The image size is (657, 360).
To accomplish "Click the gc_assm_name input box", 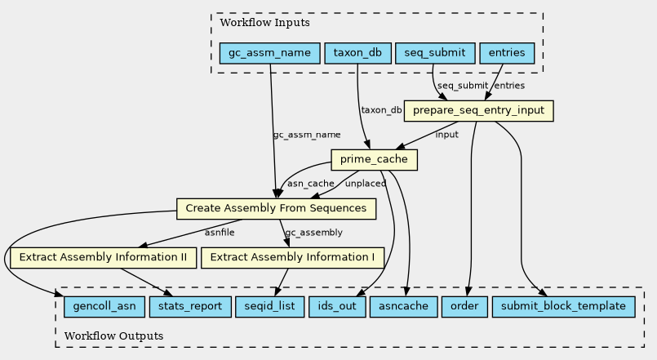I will click(x=269, y=54).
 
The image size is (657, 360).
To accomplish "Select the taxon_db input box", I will click(x=357, y=54).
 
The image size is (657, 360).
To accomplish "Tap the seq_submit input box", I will click(x=435, y=54).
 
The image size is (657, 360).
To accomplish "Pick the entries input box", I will click(x=506, y=54).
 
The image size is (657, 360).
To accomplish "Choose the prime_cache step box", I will click(x=375, y=160).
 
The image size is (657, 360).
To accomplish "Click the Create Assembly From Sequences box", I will click(x=276, y=208).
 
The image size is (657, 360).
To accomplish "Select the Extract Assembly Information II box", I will click(x=103, y=257).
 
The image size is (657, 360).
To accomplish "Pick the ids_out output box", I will click(x=335, y=307).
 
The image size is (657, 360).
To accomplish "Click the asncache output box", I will click(x=402, y=307).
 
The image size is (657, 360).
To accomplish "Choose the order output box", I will click(x=464, y=307).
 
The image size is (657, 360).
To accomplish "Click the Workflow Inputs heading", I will click(x=258, y=23).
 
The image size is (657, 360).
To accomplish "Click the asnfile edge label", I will click(x=220, y=233).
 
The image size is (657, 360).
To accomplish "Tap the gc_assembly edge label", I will click(x=313, y=233).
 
